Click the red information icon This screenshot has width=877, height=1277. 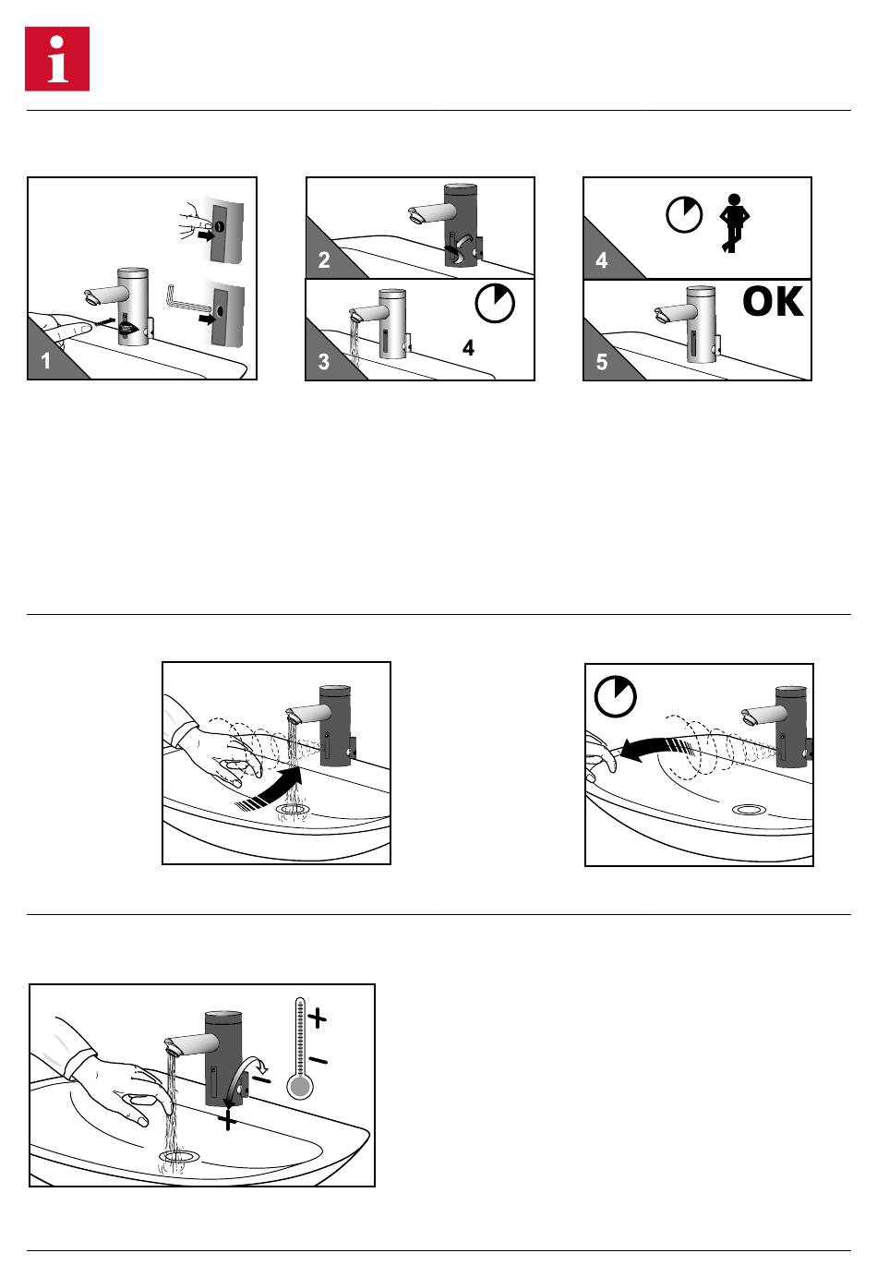pyautogui.click(x=57, y=59)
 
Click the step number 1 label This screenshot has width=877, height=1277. pyautogui.click(x=46, y=361)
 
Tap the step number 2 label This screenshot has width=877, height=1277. pyautogui.click(x=324, y=260)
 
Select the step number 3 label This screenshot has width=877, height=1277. pyautogui.click(x=324, y=362)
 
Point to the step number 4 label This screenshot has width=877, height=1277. pyautogui.click(x=602, y=260)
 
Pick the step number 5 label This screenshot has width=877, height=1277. pyautogui.click(x=602, y=362)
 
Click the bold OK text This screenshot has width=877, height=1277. pyautogui.click(x=773, y=302)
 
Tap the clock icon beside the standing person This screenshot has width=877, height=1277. pyautogui.click(x=684, y=215)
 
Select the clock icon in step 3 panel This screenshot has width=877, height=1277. pyautogui.click(x=496, y=304)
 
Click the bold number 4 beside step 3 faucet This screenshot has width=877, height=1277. pyautogui.click(x=469, y=349)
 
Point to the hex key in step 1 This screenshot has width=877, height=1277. pyautogui.click(x=182, y=302)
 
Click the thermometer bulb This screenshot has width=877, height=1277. pyautogui.click(x=300, y=1086)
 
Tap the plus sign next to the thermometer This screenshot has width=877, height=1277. pyautogui.click(x=318, y=1018)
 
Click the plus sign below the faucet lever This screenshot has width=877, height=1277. pyautogui.click(x=227, y=1120)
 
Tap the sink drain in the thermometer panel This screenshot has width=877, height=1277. pyautogui.click(x=178, y=1155)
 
